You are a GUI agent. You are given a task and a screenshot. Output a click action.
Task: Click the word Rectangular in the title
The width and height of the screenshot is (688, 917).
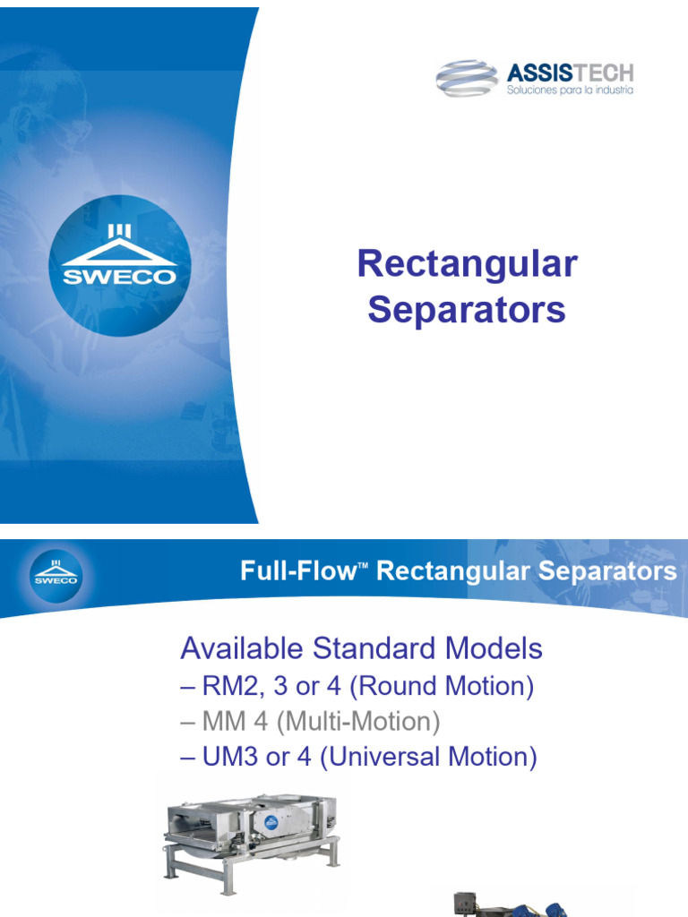(467, 264)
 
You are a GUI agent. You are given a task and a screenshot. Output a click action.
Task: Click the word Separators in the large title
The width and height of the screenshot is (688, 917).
(467, 310)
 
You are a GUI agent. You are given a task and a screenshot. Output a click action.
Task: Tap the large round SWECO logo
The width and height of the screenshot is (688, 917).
(119, 265)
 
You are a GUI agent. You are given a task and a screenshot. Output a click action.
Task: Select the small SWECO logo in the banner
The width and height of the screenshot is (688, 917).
(56, 574)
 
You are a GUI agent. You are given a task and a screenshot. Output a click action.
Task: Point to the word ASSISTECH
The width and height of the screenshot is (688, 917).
(570, 73)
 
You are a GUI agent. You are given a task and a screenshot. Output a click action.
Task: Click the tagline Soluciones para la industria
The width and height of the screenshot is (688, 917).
(570, 90)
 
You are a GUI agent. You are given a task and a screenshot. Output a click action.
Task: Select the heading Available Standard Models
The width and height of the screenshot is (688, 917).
(361, 647)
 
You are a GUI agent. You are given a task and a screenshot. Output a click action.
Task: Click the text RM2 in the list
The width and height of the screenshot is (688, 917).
(225, 687)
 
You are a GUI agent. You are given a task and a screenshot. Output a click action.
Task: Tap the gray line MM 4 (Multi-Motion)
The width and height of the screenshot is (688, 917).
(310, 722)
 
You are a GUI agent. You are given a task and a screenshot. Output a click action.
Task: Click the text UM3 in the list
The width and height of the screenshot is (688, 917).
(226, 757)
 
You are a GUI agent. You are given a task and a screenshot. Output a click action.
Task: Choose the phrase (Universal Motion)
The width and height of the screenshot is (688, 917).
(428, 757)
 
